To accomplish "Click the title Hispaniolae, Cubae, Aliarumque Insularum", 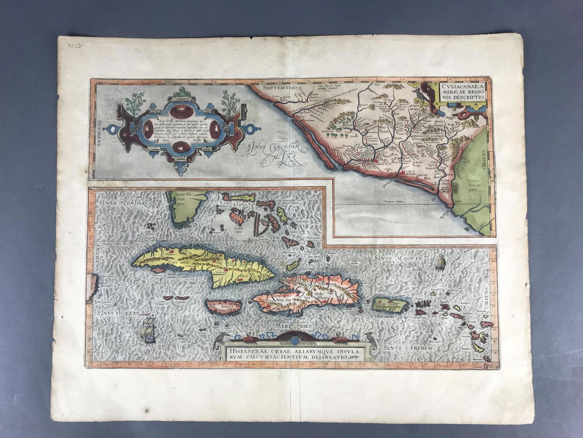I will click(287, 355).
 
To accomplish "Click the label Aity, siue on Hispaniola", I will click(283, 301).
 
